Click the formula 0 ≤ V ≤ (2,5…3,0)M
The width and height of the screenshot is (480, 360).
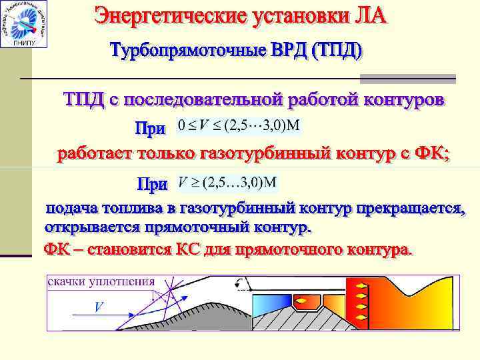tap(237, 125)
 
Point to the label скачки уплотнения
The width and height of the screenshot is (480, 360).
tap(101, 281)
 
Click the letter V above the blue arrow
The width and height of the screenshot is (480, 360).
tap(99, 307)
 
